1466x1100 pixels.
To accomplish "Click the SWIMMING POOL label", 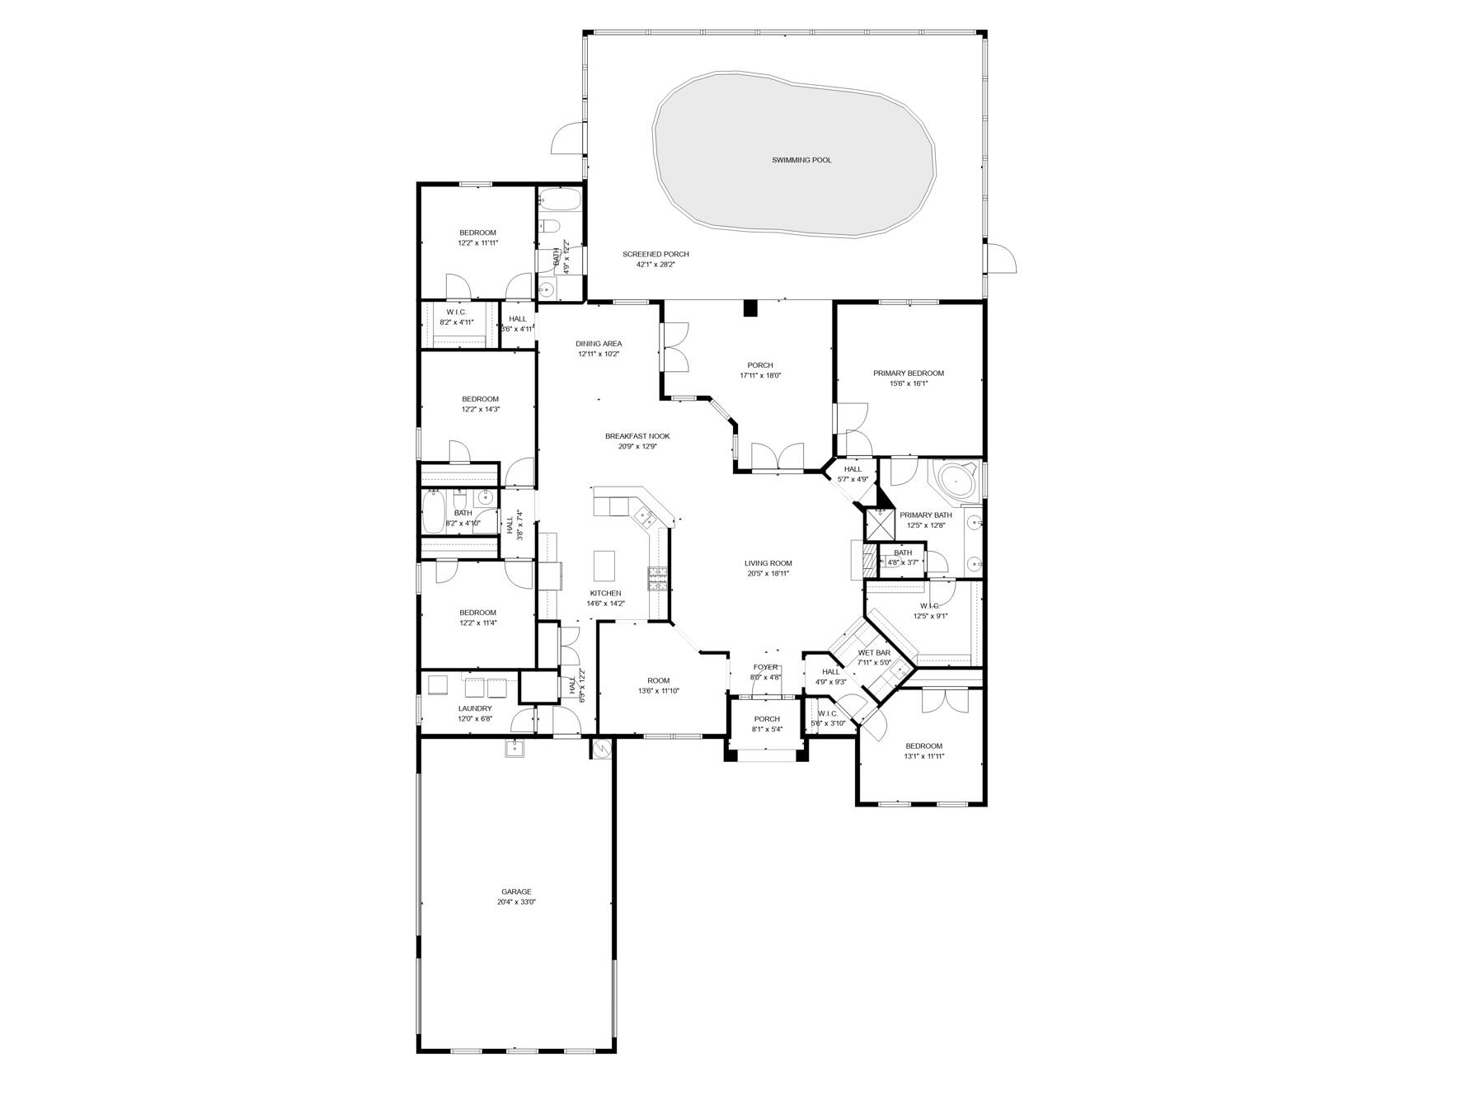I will coord(801,160).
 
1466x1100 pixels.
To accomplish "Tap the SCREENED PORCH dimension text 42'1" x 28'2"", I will coord(655,265).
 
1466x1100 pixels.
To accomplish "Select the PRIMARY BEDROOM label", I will coord(909,374).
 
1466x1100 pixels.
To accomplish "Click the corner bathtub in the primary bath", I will coord(956,479).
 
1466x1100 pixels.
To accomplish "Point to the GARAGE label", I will coord(516,891).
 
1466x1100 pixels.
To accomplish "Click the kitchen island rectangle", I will coord(604,566).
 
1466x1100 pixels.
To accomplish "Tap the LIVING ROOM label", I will coord(768,563).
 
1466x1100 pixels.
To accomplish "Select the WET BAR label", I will coord(874,652).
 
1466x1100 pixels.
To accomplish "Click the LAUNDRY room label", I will coord(475,708).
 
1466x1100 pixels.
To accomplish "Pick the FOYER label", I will coord(765,667).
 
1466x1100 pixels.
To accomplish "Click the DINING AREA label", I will coord(599,344).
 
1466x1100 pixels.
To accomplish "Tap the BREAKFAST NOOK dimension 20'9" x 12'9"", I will coord(637,447).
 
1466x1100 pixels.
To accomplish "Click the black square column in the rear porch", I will coord(750,308).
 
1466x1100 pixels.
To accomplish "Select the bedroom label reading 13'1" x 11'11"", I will coord(923,755).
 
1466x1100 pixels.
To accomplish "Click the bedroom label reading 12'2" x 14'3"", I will coord(480,409).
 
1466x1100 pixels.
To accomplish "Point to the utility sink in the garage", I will coord(515,748).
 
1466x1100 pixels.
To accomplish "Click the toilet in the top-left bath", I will coord(551,227).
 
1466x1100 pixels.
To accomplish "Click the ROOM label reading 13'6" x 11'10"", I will coord(659,680).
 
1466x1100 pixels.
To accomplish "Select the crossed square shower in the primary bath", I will coord(879,524).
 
